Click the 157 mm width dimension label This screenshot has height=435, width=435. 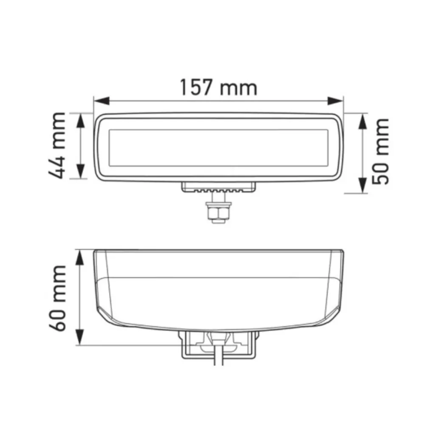coord(219,87)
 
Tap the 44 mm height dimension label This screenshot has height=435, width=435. coord(57,146)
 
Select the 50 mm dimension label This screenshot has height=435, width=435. coord(380,151)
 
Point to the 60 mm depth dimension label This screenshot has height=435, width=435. coord(58,298)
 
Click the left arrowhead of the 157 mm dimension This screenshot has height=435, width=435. coord(102,101)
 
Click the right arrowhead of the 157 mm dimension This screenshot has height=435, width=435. coord(336,101)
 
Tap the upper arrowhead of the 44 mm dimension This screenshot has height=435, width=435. coord(80,121)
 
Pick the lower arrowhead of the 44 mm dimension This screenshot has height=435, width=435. coord(80,171)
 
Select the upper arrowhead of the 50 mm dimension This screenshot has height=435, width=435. coord(362,121)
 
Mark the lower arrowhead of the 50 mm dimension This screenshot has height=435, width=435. coord(362,186)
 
